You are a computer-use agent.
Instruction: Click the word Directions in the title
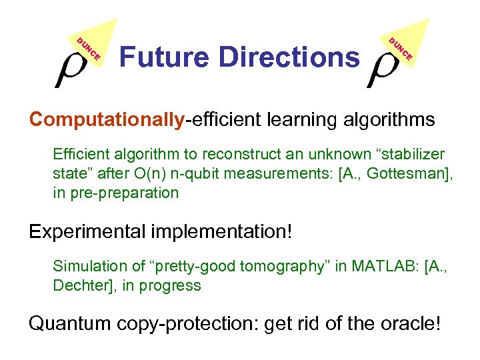click(x=289, y=57)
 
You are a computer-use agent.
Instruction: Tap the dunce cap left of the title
click(x=93, y=44)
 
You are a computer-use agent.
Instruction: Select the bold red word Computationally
click(x=107, y=120)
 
